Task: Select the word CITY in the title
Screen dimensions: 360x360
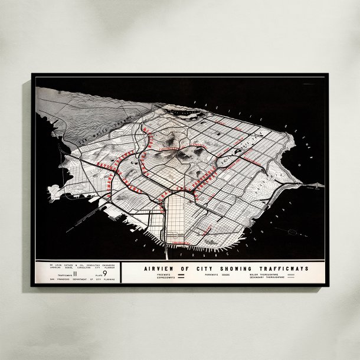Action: [x=204, y=268]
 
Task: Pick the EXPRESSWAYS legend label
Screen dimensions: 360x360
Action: [x=159, y=279]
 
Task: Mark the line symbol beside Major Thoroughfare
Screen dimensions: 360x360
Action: [x=290, y=275]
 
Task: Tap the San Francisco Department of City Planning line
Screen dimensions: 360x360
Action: [x=78, y=280]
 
